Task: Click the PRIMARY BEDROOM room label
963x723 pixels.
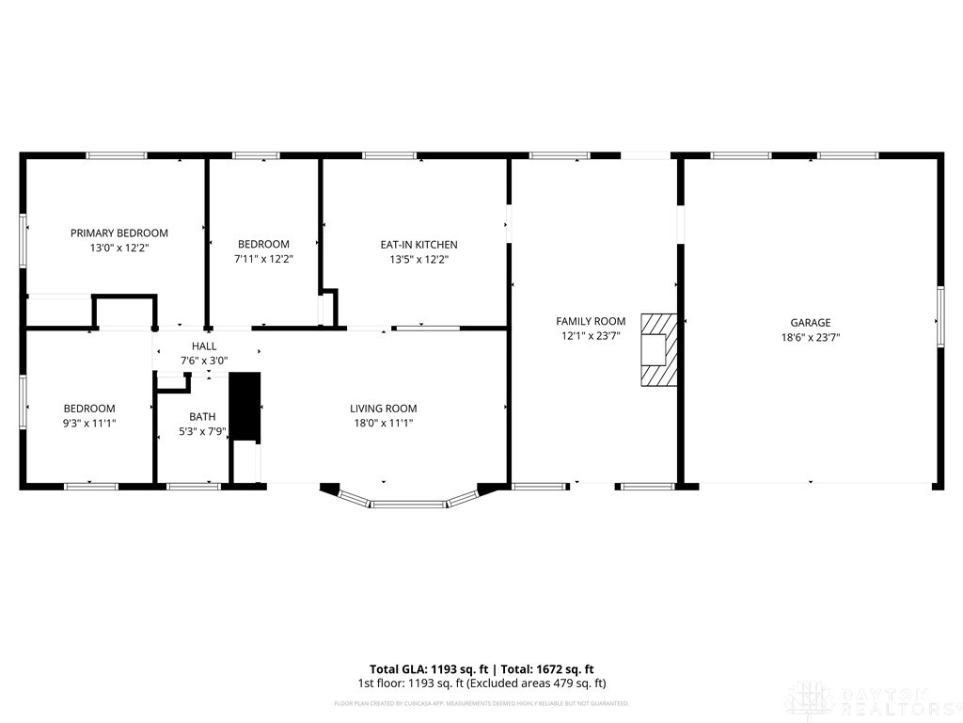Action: (119, 233)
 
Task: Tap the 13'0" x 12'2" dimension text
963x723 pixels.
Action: (119, 248)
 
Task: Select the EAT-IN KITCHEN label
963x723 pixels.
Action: (418, 245)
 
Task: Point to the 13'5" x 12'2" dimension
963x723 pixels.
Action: (418, 260)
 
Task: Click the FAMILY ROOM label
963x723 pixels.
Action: (591, 321)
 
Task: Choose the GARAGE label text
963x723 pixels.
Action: (810, 322)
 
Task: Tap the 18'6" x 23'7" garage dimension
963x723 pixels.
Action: (810, 337)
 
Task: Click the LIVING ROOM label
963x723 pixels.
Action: (383, 409)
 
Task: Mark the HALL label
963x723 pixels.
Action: (204, 346)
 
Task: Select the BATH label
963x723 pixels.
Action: (202, 416)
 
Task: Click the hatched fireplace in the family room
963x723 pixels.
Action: (657, 349)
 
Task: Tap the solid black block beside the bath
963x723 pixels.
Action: (245, 406)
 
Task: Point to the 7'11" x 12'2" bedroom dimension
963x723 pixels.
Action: (263, 259)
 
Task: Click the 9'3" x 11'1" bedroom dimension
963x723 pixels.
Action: (89, 424)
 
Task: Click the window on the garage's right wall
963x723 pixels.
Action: (939, 317)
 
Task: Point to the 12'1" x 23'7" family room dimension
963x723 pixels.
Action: (591, 336)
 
